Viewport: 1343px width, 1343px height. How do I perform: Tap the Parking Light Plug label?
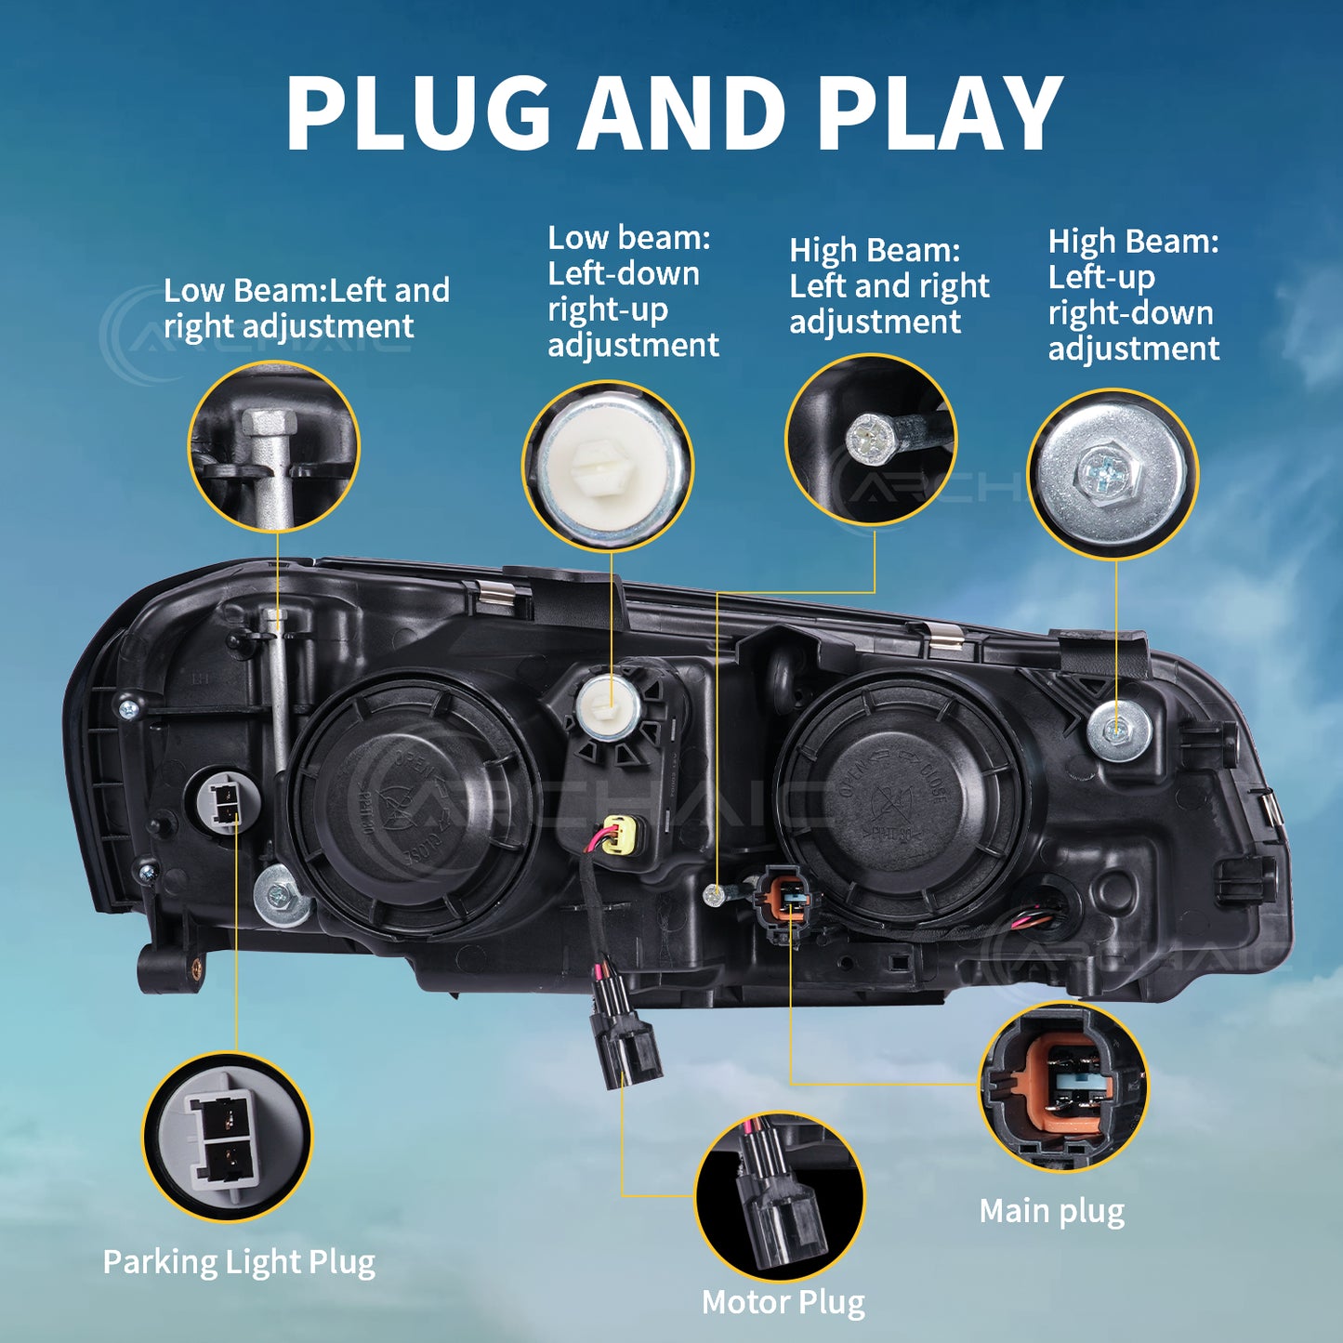click(239, 1263)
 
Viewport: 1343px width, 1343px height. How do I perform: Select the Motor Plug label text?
click(783, 1302)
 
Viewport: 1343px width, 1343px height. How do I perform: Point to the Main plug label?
click(1052, 1212)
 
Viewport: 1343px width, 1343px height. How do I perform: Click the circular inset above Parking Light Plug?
click(227, 1136)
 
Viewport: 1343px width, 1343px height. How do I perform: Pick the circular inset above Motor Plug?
click(779, 1196)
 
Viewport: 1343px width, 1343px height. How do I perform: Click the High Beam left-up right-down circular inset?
click(1113, 474)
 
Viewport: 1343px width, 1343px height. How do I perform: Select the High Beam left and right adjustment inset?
click(871, 440)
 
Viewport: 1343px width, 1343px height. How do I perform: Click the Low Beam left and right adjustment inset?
click(274, 446)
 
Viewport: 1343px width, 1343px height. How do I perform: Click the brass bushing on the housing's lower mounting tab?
click(196, 967)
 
